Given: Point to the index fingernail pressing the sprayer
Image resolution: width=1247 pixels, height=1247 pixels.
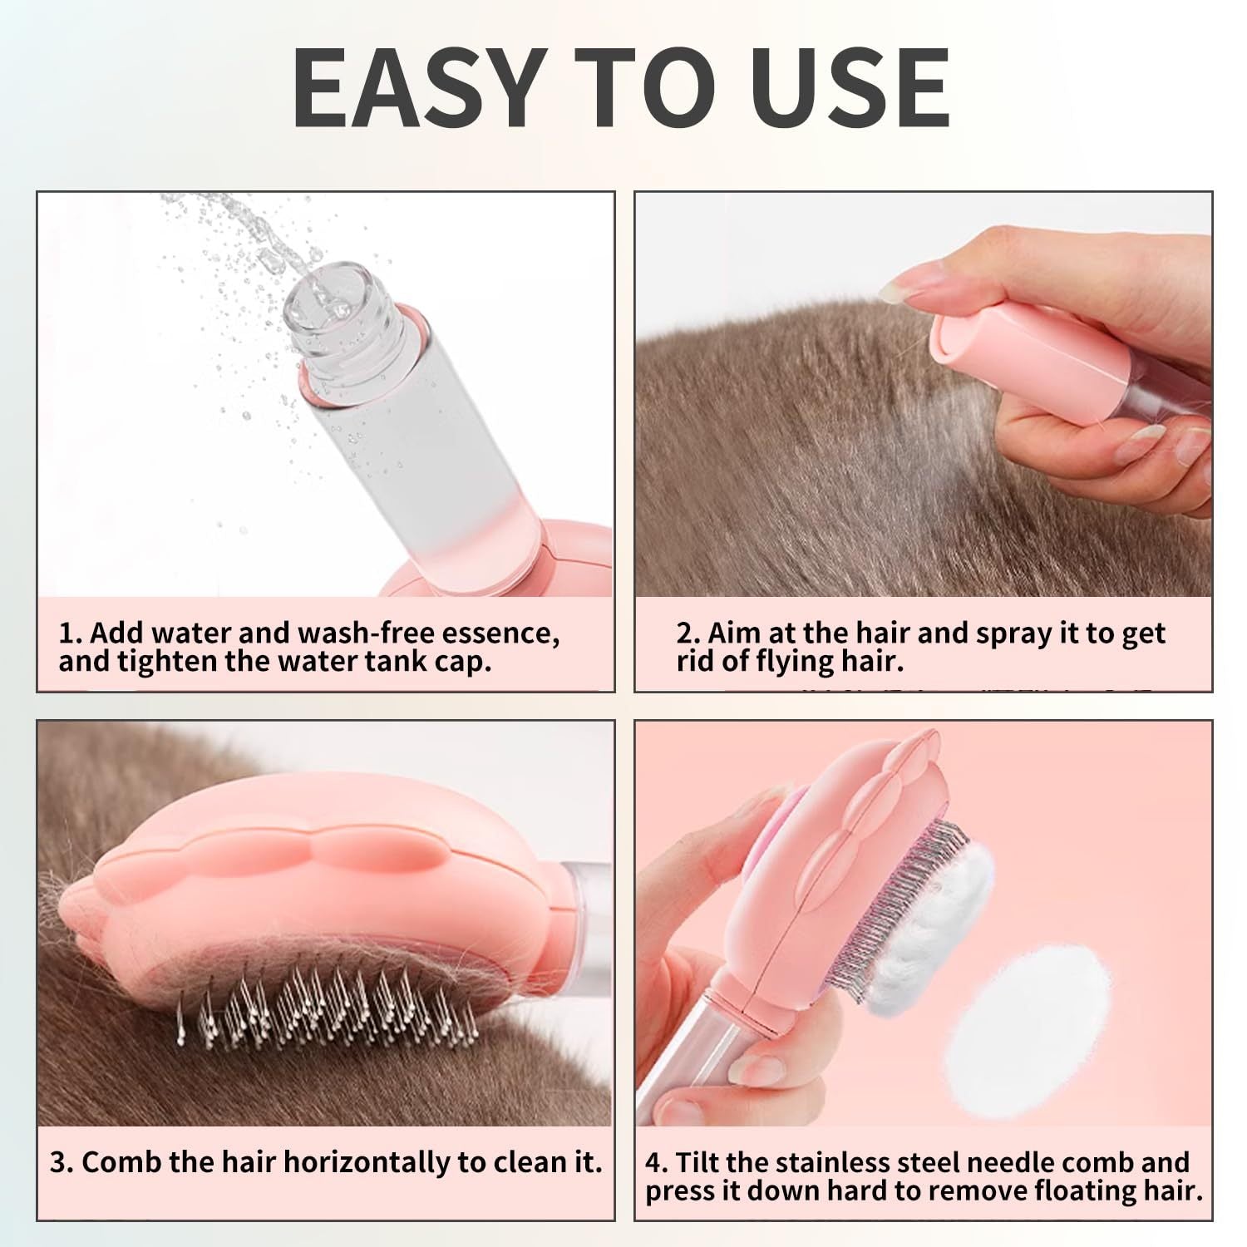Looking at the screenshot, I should (x=903, y=289).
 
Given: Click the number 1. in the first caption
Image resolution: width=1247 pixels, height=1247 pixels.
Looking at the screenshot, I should (x=70, y=633).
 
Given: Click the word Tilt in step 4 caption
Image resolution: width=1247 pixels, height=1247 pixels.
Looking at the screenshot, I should (x=702, y=1162).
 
